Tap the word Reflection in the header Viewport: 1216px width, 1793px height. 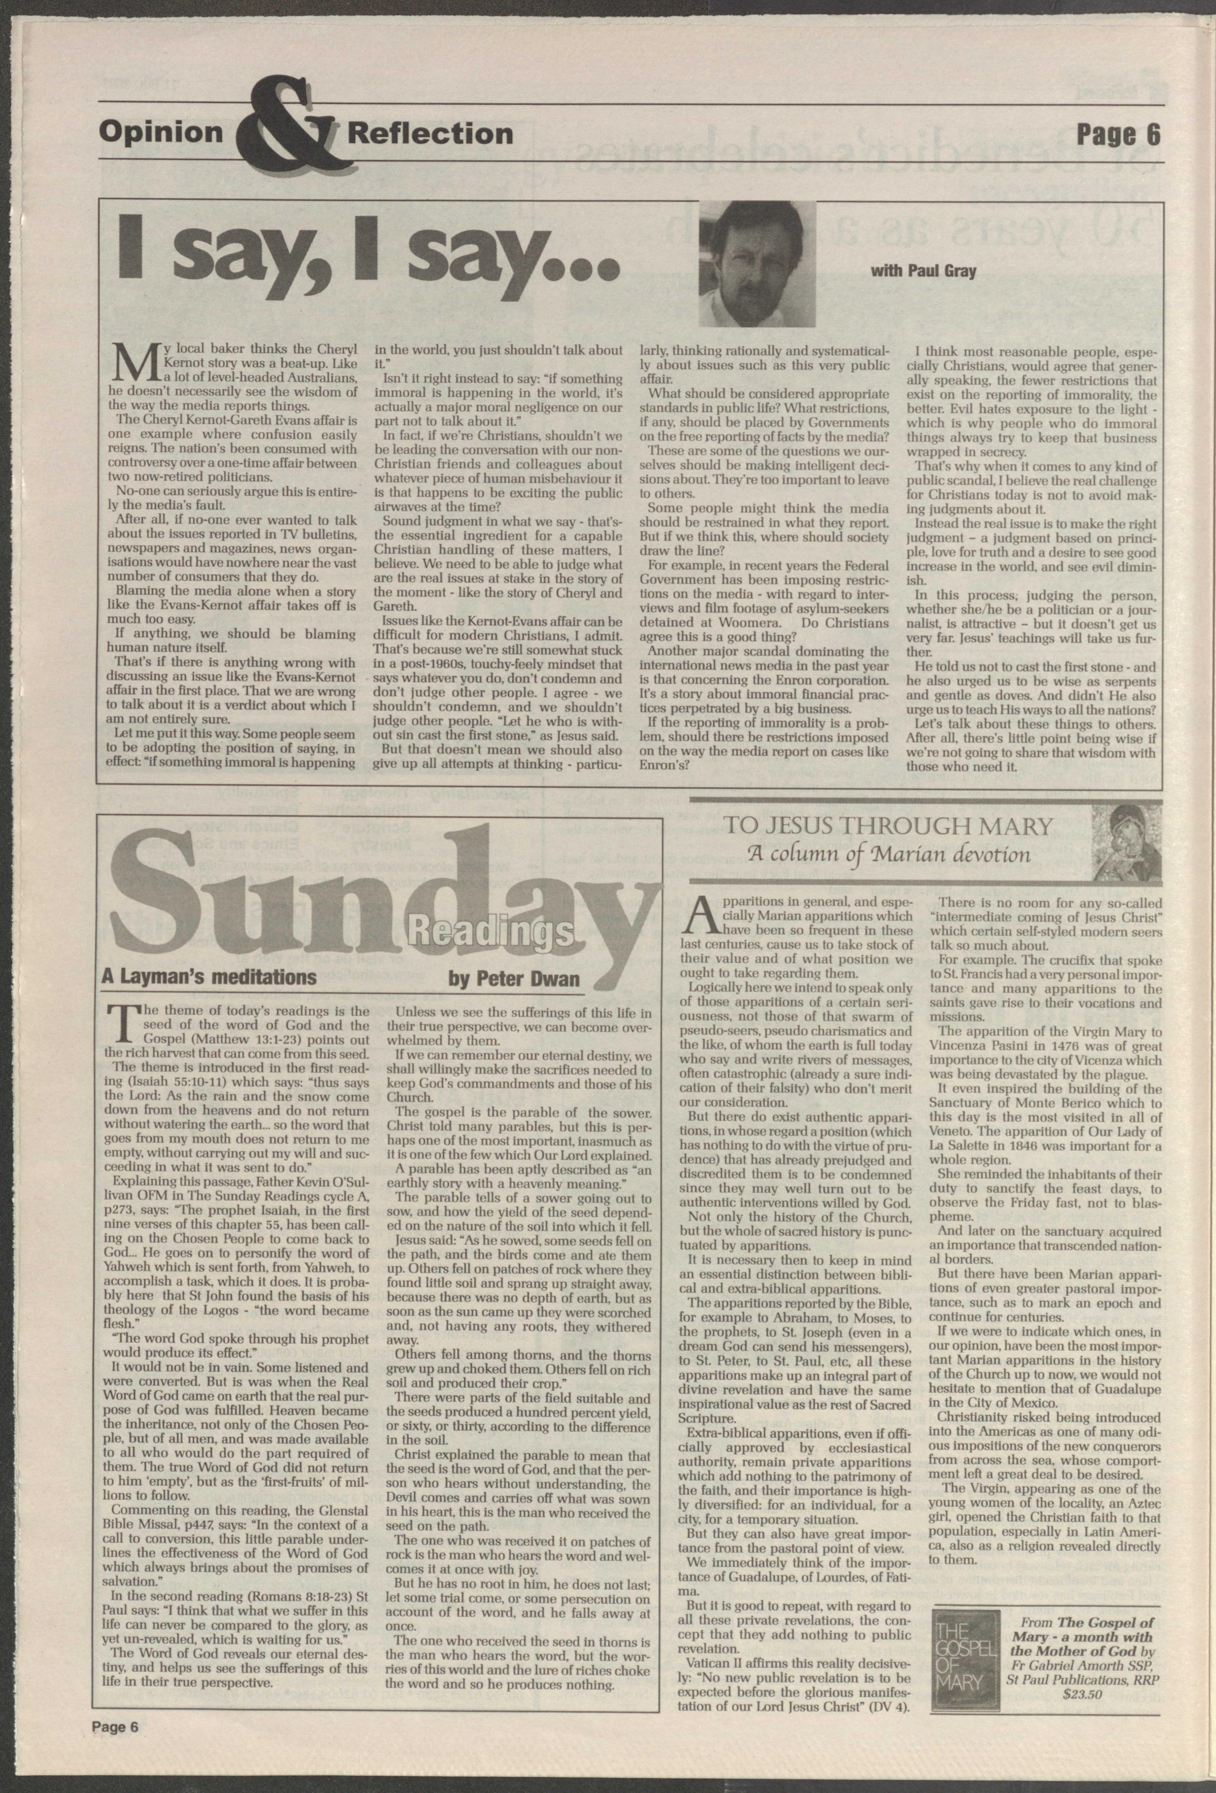coord(430,133)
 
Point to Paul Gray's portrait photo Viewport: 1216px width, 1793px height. coord(758,264)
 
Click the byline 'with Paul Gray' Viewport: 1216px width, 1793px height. coord(923,271)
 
